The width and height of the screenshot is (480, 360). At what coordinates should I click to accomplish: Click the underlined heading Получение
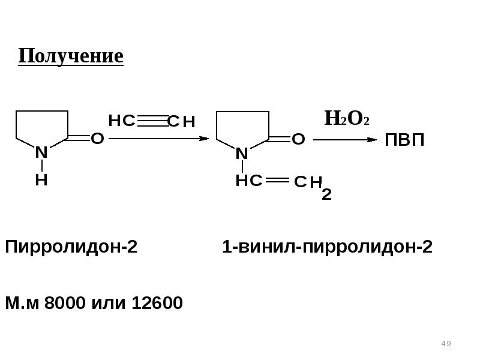(x=71, y=56)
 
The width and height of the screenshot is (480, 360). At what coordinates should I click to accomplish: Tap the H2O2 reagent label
(x=347, y=118)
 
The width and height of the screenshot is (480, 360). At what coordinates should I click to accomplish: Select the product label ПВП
(x=404, y=140)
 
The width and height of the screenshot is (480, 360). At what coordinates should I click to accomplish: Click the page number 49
(x=446, y=343)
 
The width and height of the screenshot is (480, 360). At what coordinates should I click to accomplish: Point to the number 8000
(x=65, y=303)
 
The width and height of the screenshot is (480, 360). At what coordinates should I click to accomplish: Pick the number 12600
(x=157, y=303)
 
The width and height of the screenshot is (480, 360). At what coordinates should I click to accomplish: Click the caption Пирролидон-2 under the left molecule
(x=71, y=247)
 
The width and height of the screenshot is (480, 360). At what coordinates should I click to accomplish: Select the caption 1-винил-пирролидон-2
(x=327, y=247)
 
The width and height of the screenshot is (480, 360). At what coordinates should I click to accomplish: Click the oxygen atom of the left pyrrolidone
(x=97, y=139)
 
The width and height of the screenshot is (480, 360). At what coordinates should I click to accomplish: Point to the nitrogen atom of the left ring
(x=41, y=152)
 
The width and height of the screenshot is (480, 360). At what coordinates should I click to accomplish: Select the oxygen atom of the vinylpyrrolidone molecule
(x=298, y=139)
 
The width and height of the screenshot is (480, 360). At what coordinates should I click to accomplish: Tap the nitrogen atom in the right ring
(x=242, y=154)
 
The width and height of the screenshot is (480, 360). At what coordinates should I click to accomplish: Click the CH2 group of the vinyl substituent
(x=313, y=187)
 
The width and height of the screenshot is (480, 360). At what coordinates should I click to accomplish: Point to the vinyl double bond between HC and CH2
(x=277, y=180)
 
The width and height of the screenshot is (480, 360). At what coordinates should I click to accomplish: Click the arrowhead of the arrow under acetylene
(x=204, y=139)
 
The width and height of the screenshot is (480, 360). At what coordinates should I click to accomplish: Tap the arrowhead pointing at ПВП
(x=372, y=140)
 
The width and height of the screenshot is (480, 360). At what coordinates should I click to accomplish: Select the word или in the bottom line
(x=109, y=303)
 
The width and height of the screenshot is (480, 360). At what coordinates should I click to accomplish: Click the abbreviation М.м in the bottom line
(x=22, y=303)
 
